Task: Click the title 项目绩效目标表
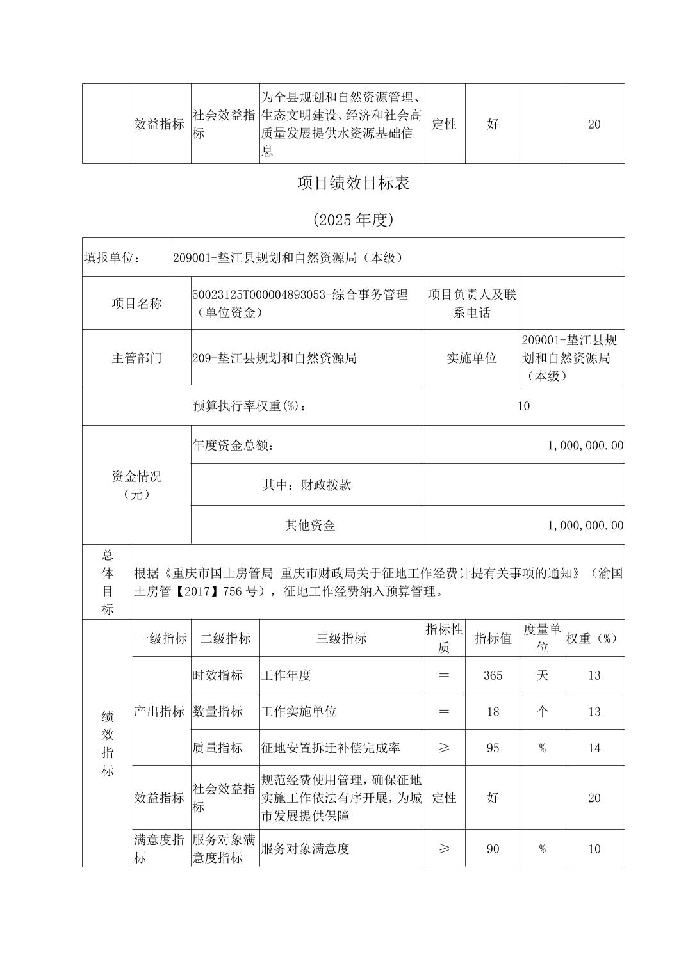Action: click(353, 184)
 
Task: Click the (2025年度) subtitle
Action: click(353, 220)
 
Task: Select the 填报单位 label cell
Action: click(112, 257)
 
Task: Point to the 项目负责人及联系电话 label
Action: click(471, 303)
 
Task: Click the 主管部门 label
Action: click(136, 358)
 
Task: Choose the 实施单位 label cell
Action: click(471, 358)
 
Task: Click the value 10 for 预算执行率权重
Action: click(523, 406)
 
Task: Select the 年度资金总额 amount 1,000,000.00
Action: click(585, 445)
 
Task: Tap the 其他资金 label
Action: click(310, 526)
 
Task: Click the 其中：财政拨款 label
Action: click(307, 485)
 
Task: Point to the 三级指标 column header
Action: click(341, 638)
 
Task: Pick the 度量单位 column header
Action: click(542, 638)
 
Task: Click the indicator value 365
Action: click(493, 675)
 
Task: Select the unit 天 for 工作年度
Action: click(542, 675)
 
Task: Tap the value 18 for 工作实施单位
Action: click(493, 711)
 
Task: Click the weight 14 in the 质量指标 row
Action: click(594, 748)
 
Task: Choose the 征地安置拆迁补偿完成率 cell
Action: click(331, 748)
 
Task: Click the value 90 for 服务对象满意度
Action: click(493, 849)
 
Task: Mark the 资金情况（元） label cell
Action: click(136, 485)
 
